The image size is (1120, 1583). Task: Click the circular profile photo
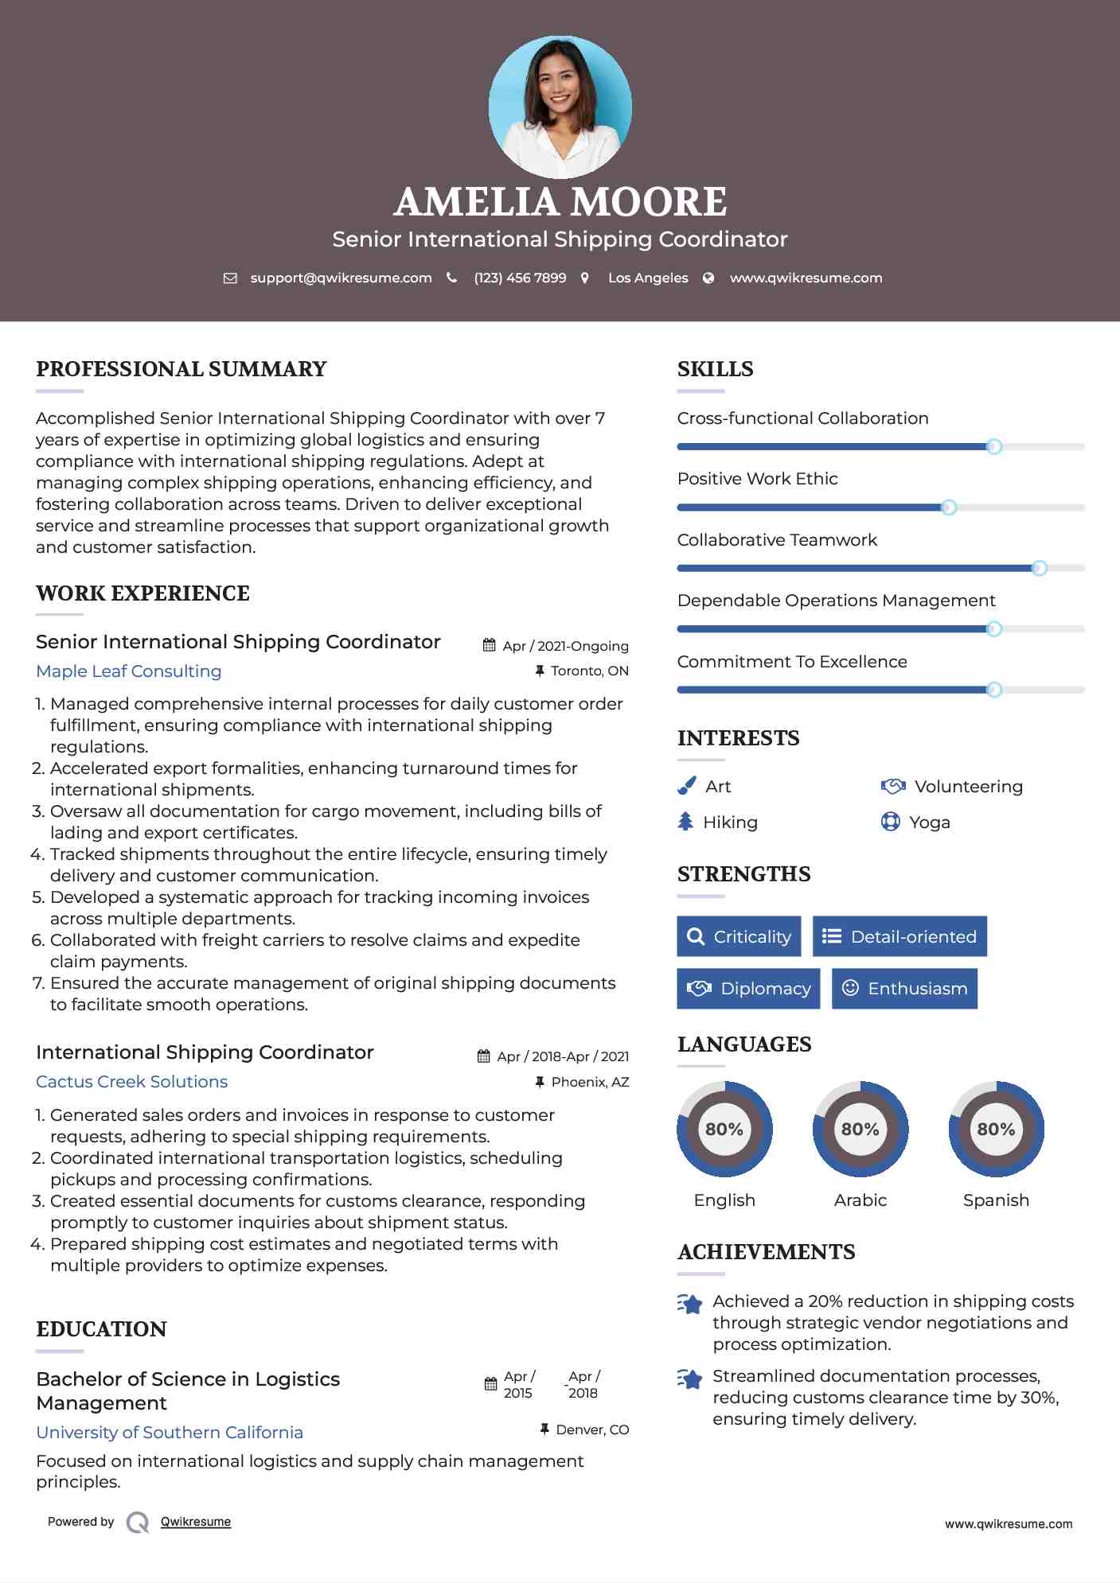click(x=560, y=107)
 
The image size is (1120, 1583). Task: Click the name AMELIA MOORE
click(x=560, y=202)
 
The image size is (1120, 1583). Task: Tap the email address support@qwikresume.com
click(x=341, y=278)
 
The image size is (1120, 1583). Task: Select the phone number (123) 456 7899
click(x=520, y=278)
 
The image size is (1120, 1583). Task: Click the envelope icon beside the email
click(x=230, y=278)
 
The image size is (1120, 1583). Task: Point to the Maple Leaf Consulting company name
click(x=128, y=671)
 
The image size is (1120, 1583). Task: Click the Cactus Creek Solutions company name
click(x=131, y=1082)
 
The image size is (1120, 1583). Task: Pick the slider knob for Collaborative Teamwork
click(x=1039, y=568)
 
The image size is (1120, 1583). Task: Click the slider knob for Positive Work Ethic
click(x=948, y=508)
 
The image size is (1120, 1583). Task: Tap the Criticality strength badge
click(x=739, y=936)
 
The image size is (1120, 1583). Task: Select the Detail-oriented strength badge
click(x=900, y=936)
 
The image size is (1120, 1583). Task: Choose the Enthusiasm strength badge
click(x=904, y=988)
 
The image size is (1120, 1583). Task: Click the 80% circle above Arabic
click(x=860, y=1129)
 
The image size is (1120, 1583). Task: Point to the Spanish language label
click(x=996, y=1200)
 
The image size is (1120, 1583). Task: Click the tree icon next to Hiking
click(x=685, y=822)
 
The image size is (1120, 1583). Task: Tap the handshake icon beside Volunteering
click(x=893, y=786)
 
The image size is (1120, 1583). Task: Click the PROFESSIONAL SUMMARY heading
click(x=181, y=369)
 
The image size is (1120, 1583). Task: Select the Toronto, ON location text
click(x=589, y=671)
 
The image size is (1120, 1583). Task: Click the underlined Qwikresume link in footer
click(x=196, y=1522)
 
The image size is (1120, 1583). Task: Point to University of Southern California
click(x=170, y=1432)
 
